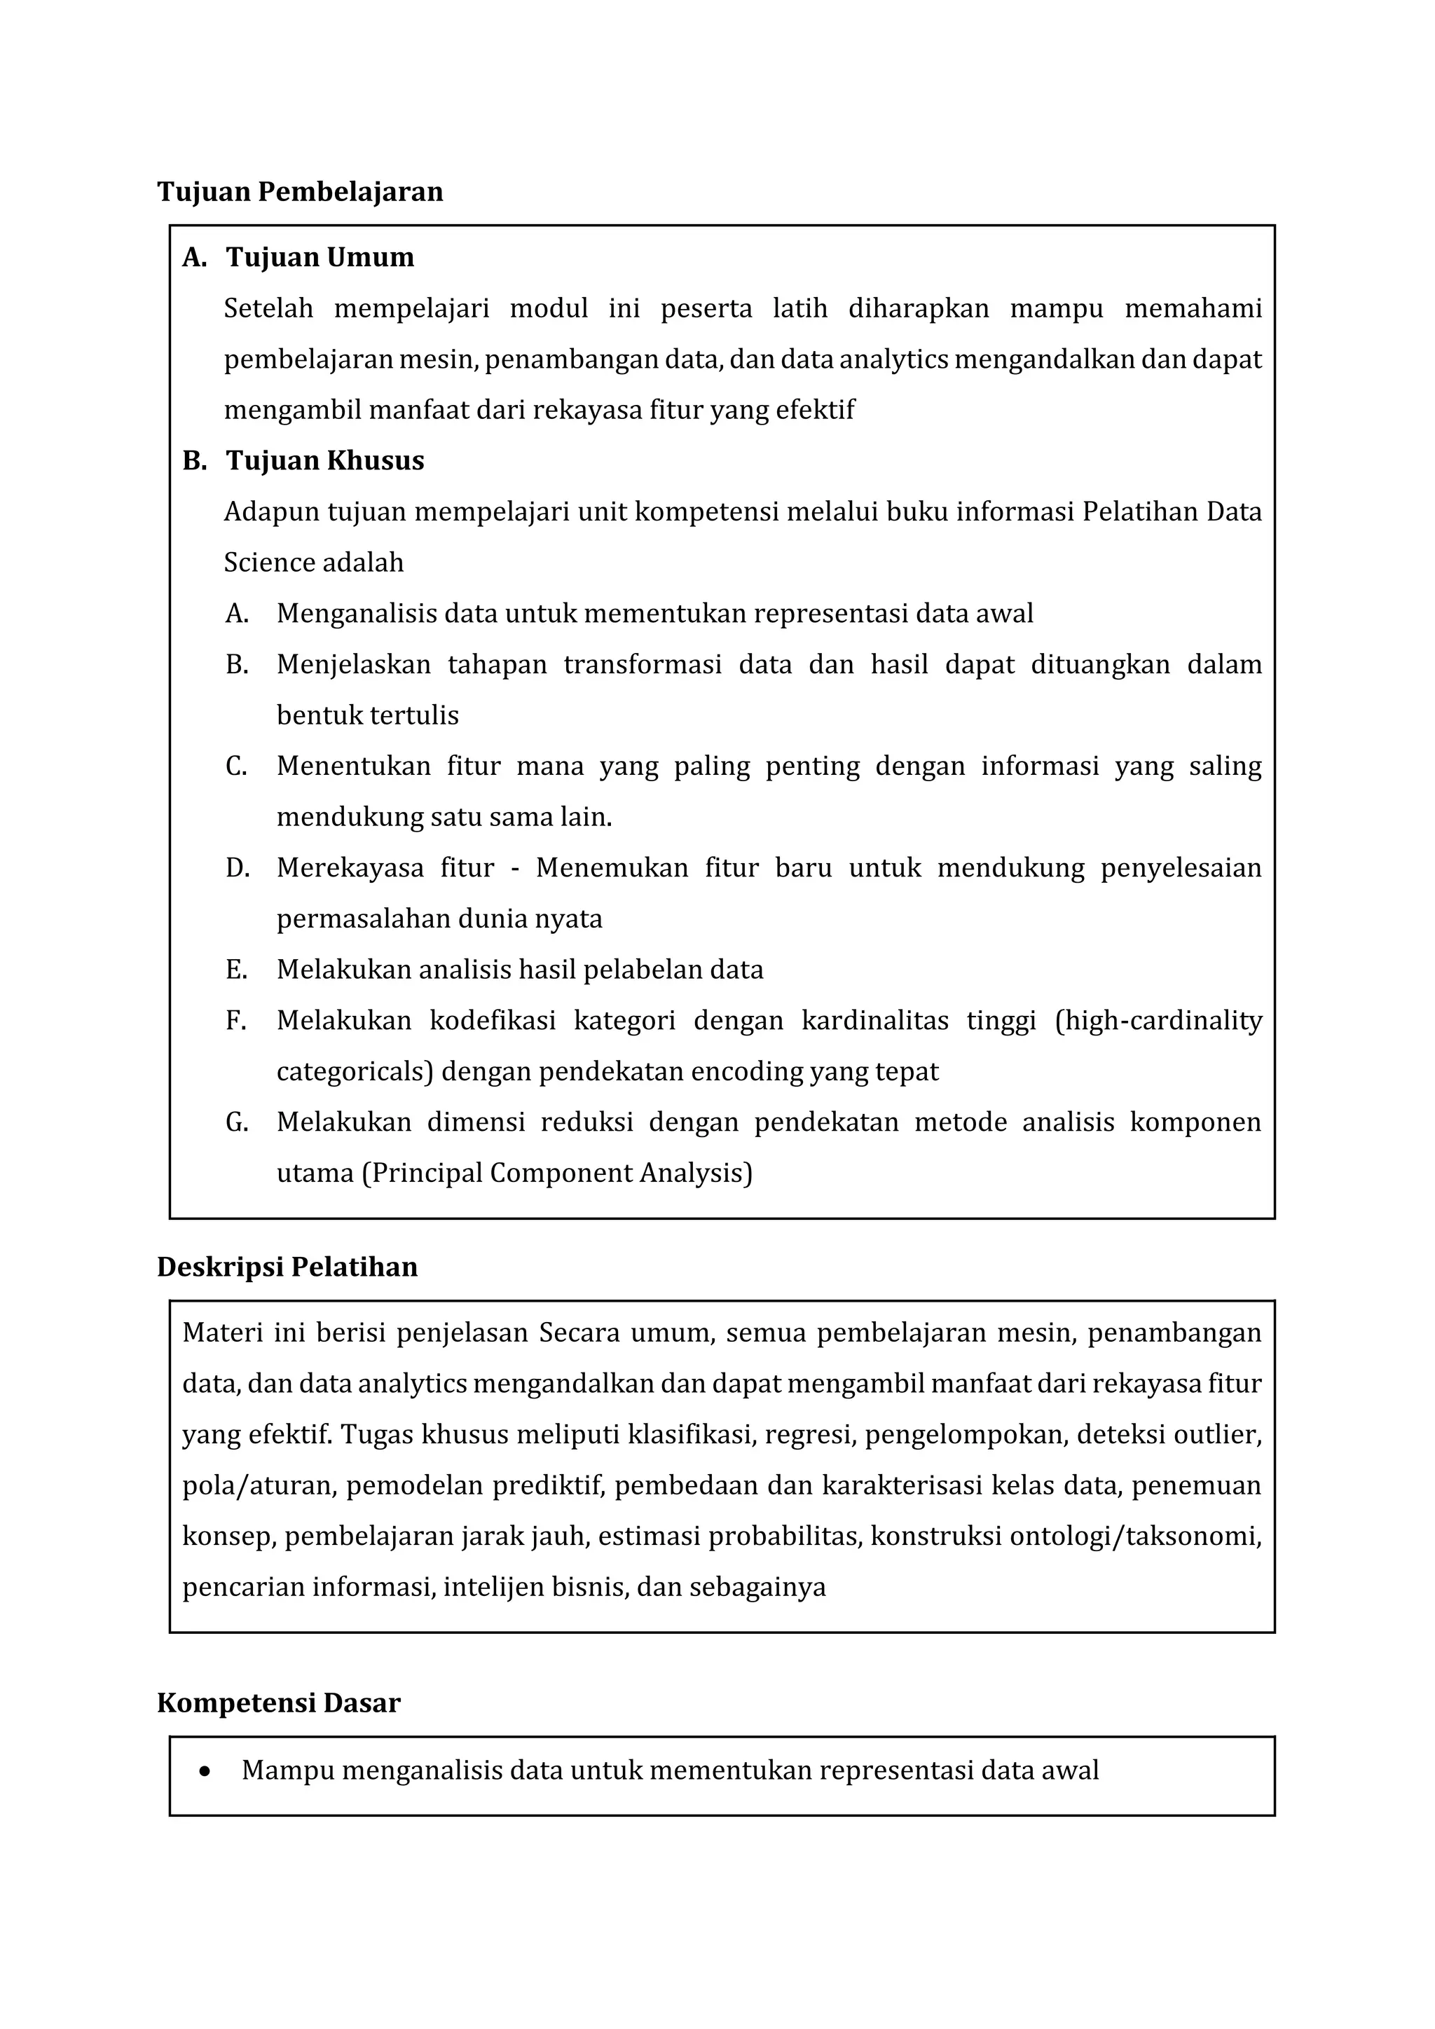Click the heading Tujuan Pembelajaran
pos(300,192)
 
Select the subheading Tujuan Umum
pos(320,257)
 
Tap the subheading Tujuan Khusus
pos(324,460)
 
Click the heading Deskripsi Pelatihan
pos(287,1267)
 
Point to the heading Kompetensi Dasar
pos(278,1703)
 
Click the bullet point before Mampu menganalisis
pos(205,1771)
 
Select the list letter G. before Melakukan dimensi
pos(236,1122)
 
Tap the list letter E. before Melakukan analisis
pos(236,970)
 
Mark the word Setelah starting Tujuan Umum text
pos(268,308)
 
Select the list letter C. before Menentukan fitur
pos(236,766)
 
